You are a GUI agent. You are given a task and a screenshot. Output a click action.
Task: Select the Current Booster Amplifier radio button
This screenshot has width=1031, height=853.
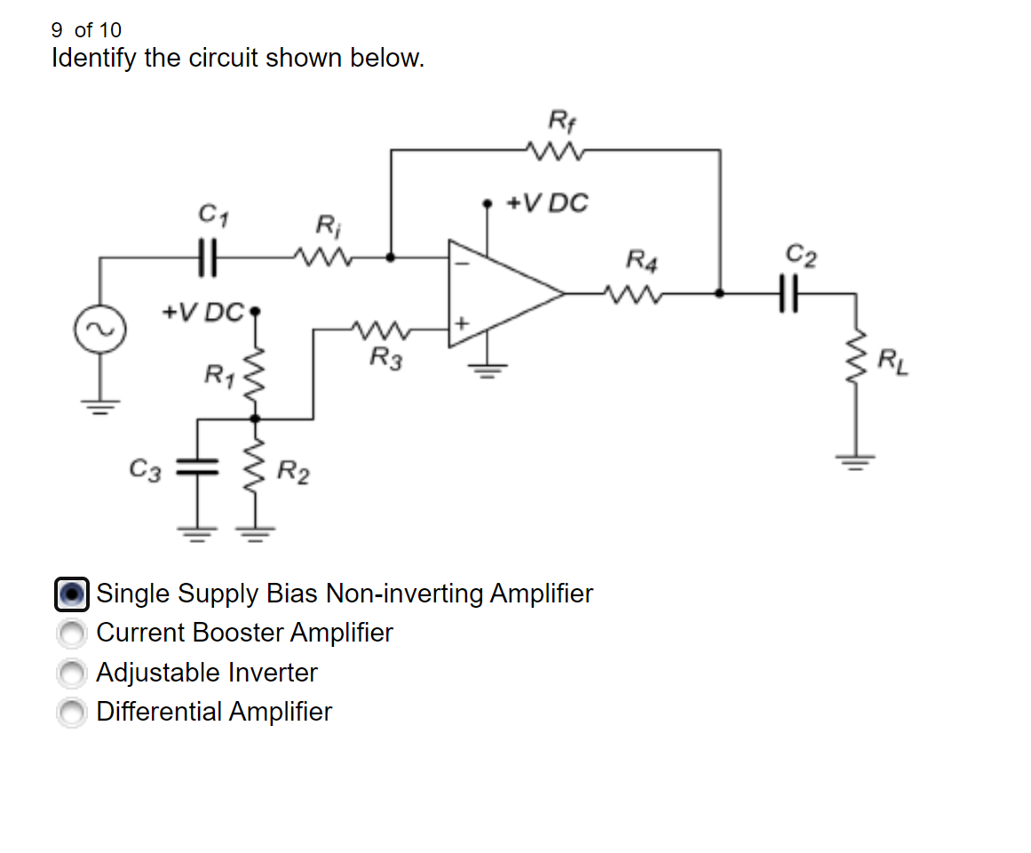coord(71,634)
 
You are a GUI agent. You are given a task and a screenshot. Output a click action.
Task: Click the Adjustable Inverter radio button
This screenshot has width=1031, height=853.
coord(71,674)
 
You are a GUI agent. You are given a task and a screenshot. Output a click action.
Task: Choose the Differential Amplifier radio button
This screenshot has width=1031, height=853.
coord(71,713)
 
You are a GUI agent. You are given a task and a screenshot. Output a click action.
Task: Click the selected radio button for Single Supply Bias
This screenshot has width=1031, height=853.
coord(72,594)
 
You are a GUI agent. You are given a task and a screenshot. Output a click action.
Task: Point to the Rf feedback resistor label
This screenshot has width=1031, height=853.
coord(560,118)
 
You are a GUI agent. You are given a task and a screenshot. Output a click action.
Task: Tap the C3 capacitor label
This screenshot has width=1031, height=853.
coord(146,467)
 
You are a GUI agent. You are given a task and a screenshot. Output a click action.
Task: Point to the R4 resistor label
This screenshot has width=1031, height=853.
coord(642,260)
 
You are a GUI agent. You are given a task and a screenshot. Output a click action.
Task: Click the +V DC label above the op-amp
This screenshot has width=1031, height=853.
coord(546,203)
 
